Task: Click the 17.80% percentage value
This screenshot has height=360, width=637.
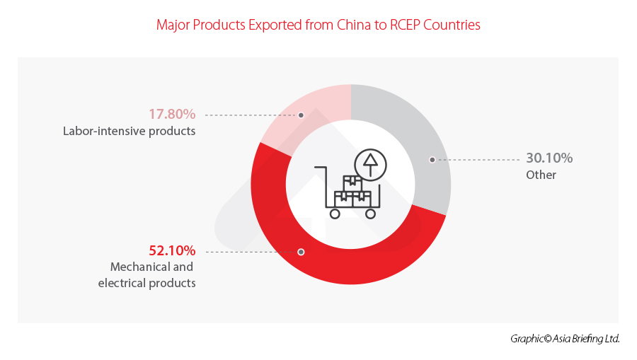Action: click(172, 114)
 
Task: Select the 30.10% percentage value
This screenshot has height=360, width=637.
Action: click(549, 158)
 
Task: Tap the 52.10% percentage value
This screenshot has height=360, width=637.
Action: click(172, 250)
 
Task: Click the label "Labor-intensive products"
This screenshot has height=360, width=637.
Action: click(129, 131)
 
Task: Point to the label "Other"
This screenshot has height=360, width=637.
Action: click(541, 175)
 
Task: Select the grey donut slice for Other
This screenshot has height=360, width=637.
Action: click(418, 141)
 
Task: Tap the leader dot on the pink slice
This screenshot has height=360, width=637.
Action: click(302, 115)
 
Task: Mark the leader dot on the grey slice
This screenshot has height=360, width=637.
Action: click(431, 160)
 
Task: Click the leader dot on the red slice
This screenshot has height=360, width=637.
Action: click(302, 251)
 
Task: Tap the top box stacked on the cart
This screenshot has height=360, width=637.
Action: click(352, 182)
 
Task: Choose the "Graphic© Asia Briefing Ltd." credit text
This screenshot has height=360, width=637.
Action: click(565, 339)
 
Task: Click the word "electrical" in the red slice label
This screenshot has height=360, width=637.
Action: click(122, 283)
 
